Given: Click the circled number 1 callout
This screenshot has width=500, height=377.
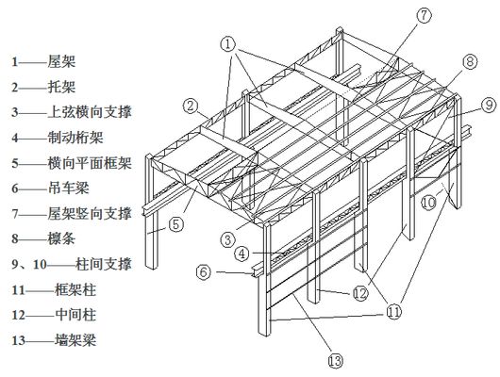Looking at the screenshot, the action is pos(228,44).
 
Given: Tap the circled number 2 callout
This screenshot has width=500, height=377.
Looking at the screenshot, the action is pos(191,106).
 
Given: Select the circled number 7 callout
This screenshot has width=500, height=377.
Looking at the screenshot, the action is pos(425,15).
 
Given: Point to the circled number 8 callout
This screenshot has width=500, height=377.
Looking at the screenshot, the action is pos(470,61).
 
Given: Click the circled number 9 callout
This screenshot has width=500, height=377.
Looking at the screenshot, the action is pos(489,105).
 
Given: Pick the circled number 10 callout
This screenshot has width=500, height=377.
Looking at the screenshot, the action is pos(429,202).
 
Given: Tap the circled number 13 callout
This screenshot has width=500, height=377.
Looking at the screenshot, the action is pos(336,360).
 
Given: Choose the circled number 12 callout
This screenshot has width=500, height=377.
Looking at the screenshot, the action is pos(360,293).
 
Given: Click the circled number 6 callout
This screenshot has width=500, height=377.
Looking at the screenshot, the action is pos(204,272).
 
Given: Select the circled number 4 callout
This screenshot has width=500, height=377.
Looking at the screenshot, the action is pos(242,254).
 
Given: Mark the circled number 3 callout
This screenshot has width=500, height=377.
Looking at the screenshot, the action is pos(228,239).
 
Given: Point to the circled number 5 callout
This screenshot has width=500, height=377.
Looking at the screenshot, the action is pos(176,224).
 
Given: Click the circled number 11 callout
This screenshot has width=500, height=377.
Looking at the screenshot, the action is pos(393,311).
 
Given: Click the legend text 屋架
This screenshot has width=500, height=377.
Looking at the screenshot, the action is pos(62,61).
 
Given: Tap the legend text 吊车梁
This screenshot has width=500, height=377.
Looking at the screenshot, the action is pos(68,188).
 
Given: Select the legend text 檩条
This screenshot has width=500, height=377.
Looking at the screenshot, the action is pos(62,238).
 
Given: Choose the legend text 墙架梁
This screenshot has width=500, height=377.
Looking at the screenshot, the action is pos(75,340).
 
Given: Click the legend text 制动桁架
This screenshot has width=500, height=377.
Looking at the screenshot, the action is pos(75,138).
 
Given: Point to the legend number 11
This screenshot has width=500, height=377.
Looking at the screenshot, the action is pos(19,290).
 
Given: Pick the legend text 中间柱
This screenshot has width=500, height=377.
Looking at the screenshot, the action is pos(75,315).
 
